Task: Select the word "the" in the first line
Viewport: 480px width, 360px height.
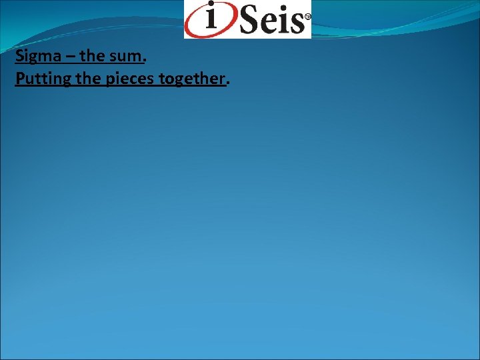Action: point(92,56)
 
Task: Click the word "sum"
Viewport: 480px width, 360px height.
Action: point(125,56)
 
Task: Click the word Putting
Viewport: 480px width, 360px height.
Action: point(39,79)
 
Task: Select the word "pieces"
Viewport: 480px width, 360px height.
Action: point(126,79)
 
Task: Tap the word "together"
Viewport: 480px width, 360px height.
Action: point(193,79)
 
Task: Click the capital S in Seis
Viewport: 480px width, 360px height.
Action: point(250,21)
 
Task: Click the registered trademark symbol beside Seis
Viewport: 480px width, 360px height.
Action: point(307,14)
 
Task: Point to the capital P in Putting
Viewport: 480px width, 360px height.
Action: point(19,79)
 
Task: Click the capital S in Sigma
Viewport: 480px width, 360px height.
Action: point(19,56)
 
